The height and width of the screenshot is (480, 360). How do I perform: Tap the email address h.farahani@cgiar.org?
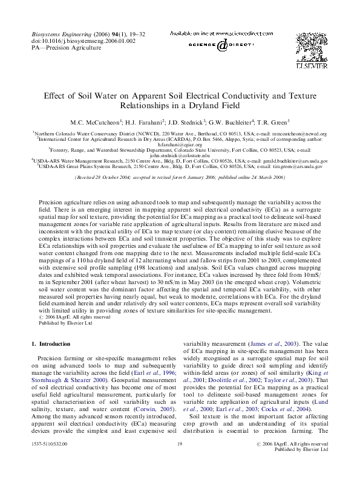(180, 144)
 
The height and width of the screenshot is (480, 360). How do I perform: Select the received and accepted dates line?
(180, 178)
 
